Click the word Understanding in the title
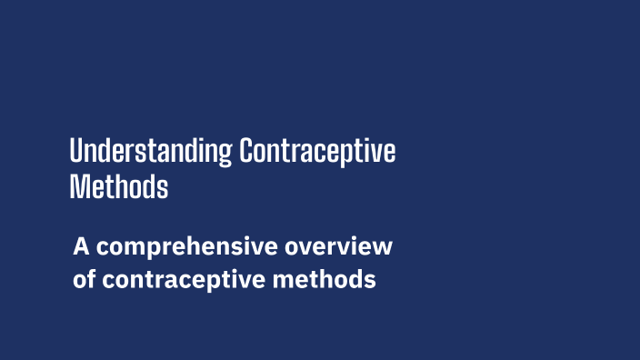(151, 151)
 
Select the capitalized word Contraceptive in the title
(317, 151)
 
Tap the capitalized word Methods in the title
(119, 186)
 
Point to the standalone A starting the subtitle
(82, 246)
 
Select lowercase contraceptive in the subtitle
(182, 279)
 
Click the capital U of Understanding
(76, 151)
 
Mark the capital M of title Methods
(78, 186)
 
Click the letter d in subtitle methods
(352, 278)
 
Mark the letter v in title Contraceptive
(379, 152)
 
